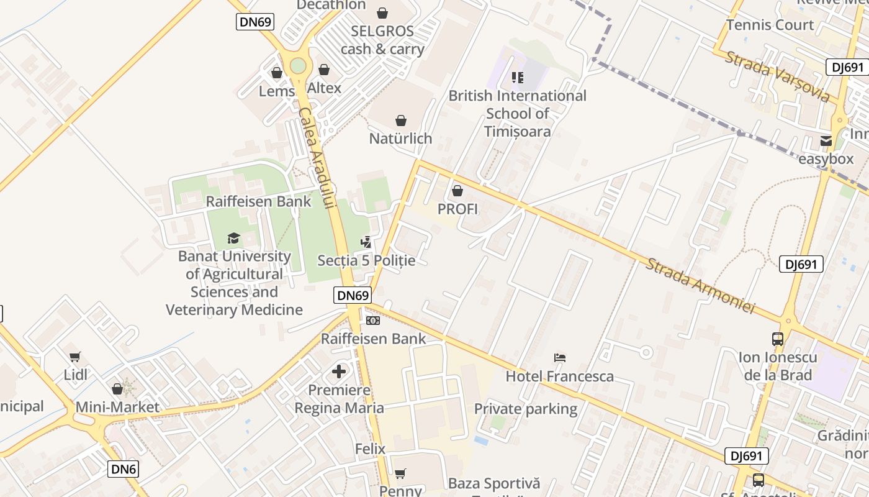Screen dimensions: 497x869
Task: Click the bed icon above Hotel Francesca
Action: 559,358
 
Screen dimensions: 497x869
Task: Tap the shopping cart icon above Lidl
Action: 75,357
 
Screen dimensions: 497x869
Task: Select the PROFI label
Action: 457,209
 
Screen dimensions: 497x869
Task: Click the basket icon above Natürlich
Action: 401,120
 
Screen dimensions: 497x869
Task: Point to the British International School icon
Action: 517,78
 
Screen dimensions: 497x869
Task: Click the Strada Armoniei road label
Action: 700,286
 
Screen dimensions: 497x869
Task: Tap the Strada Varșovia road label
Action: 777,76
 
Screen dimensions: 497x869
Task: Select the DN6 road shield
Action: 124,468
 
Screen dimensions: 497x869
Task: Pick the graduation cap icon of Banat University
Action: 233,238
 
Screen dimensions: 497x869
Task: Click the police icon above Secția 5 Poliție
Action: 366,242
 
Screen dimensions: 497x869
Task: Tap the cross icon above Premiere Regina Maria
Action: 339,372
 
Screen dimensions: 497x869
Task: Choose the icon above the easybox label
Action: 826,141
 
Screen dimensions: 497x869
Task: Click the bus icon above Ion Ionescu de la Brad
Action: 778,339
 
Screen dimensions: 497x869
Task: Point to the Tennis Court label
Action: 770,25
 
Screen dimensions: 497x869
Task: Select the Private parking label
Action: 526,409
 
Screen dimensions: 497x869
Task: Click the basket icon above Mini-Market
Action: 117,389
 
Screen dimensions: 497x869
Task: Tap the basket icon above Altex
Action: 323,70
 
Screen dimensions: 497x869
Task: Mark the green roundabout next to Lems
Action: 298,65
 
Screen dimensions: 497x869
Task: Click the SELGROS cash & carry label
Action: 382,40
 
